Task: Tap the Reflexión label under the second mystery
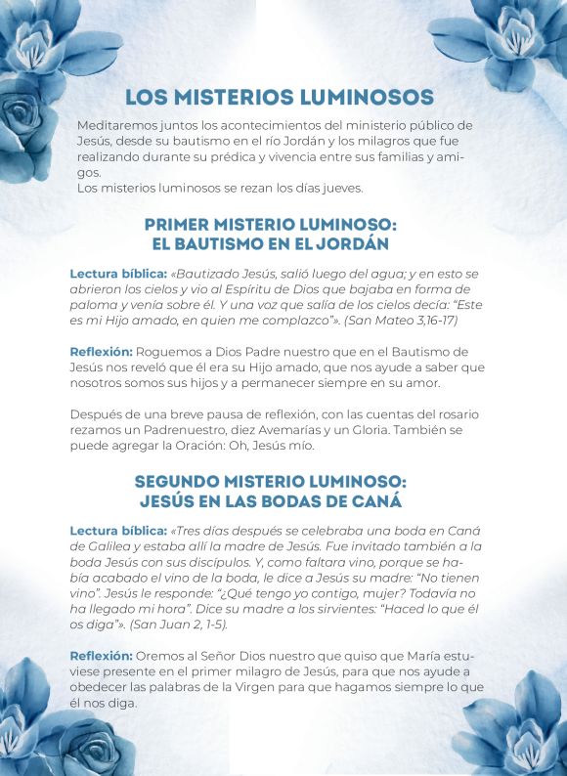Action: (101, 656)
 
